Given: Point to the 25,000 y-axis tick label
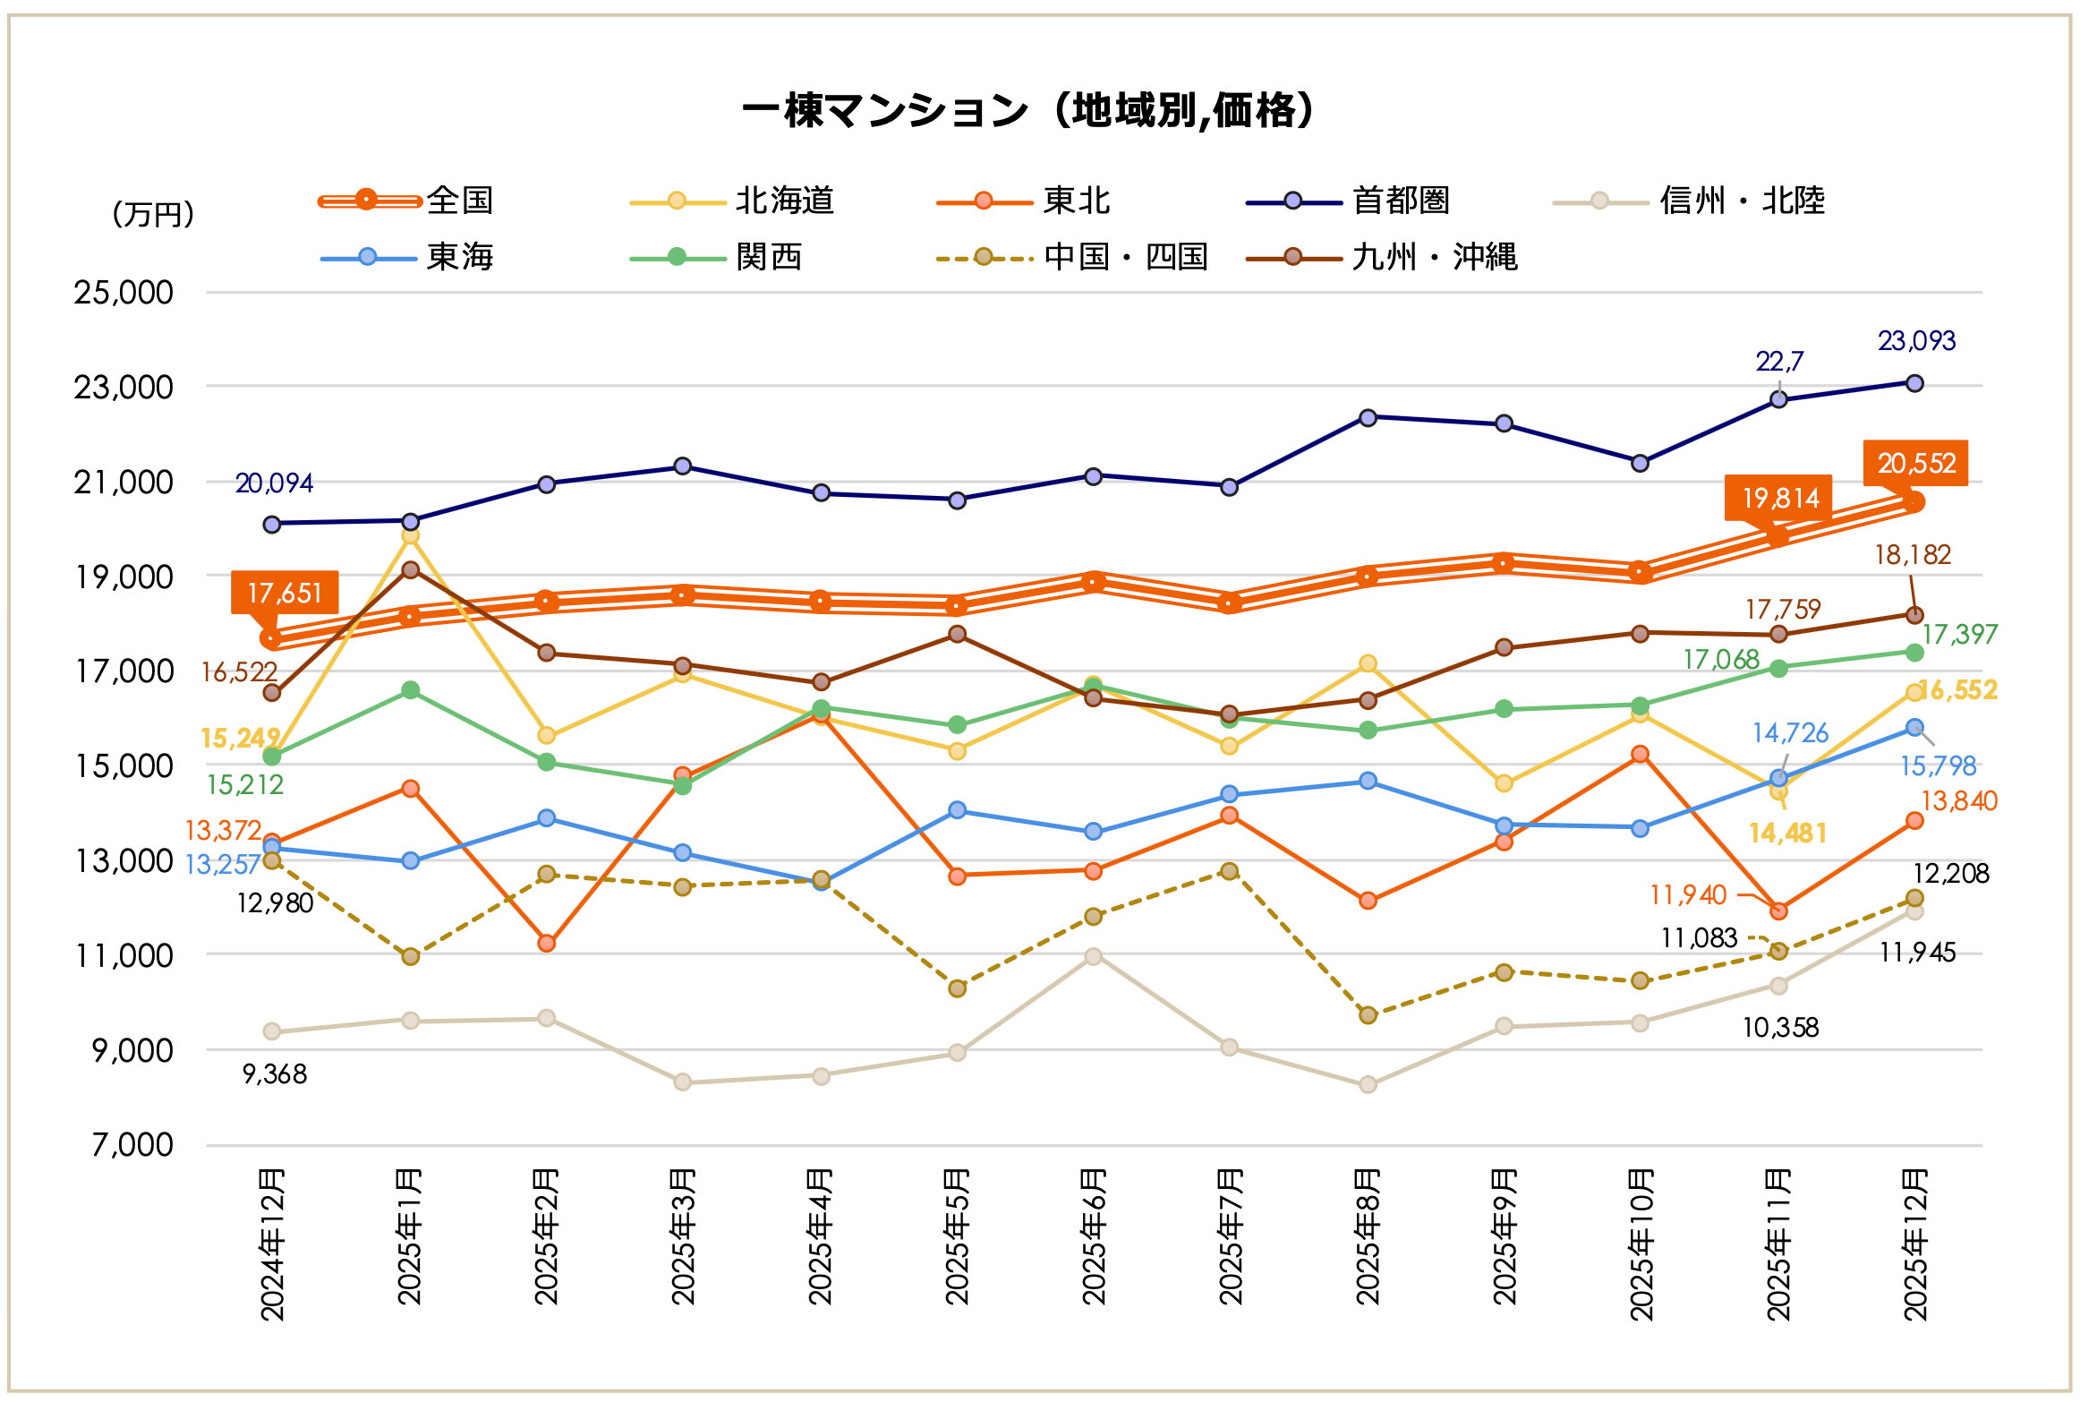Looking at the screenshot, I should click(x=124, y=293).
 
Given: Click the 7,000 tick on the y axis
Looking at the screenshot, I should click(x=132, y=1145).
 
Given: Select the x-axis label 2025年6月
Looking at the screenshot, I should click(x=1094, y=1237).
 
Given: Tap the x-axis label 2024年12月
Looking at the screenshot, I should click(x=272, y=1244).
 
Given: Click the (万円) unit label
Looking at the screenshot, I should click(x=153, y=215).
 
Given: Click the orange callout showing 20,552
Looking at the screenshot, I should click(x=1915, y=463).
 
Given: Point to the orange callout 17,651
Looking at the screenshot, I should click(x=285, y=593).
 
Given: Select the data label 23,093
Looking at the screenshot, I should click(x=1916, y=341).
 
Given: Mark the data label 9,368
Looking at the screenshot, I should click(x=275, y=1073).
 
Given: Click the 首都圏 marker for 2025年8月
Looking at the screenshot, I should click(x=1368, y=417).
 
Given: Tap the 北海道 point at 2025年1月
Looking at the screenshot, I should click(x=411, y=535).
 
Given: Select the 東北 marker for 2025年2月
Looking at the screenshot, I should click(x=547, y=943).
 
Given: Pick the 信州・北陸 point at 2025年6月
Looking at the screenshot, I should click(x=1093, y=956).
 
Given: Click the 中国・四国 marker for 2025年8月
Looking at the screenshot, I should click(x=1368, y=1014).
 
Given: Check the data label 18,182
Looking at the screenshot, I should click(x=1913, y=555).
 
